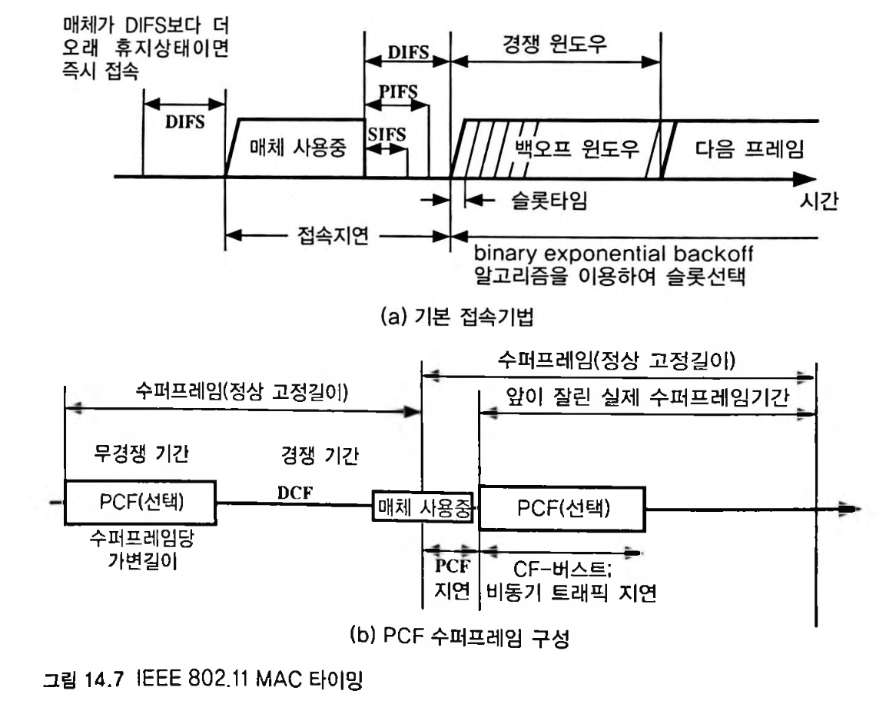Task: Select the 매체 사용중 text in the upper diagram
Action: point(296,149)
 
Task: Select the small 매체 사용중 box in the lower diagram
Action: point(422,506)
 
